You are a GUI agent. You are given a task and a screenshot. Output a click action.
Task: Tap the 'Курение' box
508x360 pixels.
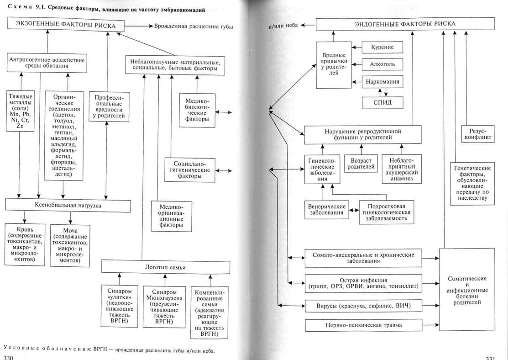pos(382,48)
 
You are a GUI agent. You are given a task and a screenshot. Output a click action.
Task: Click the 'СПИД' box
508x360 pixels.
pos(382,103)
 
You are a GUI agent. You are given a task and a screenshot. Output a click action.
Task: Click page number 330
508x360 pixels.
pos(9,357)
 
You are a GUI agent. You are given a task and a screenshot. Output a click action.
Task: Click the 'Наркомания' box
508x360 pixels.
pos(382,83)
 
